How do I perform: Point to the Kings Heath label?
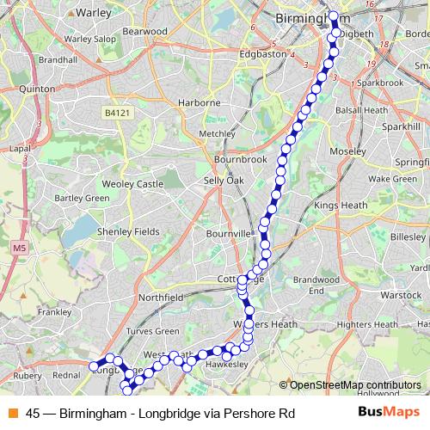pos(341,206)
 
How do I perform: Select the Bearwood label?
pos(145,31)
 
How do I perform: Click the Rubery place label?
pos(28,375)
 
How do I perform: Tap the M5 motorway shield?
pos(19,249)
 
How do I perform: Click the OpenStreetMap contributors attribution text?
pos(353,385)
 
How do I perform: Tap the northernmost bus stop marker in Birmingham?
pos(334,15)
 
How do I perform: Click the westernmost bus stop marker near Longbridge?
pos(95,366)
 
